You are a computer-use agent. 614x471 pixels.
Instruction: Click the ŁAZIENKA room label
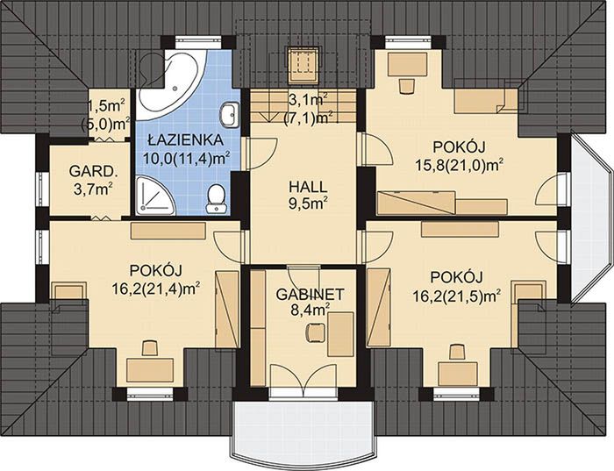pyautogui.click(x=186, y=139)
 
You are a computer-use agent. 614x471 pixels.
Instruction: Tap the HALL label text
pyautogui.click(x=308, y=187)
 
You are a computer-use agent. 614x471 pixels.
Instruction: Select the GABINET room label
pyautogui.click(x=310, y=295)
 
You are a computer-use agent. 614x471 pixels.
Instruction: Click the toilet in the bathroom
pyautogui.click(x=216, y=198)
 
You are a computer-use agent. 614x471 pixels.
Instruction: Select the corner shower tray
pyautogui.click(x=155, y=196)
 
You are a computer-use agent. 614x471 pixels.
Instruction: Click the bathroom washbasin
pyautogui.click(x=230, y=115)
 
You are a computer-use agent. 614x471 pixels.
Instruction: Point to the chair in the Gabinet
pyautogui.click(x=315, y=332)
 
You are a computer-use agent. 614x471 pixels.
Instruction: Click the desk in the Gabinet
pyautogui.click(x=340, y=334)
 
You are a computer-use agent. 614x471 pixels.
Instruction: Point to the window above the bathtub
pyautogui.click(x=198, y=41)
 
